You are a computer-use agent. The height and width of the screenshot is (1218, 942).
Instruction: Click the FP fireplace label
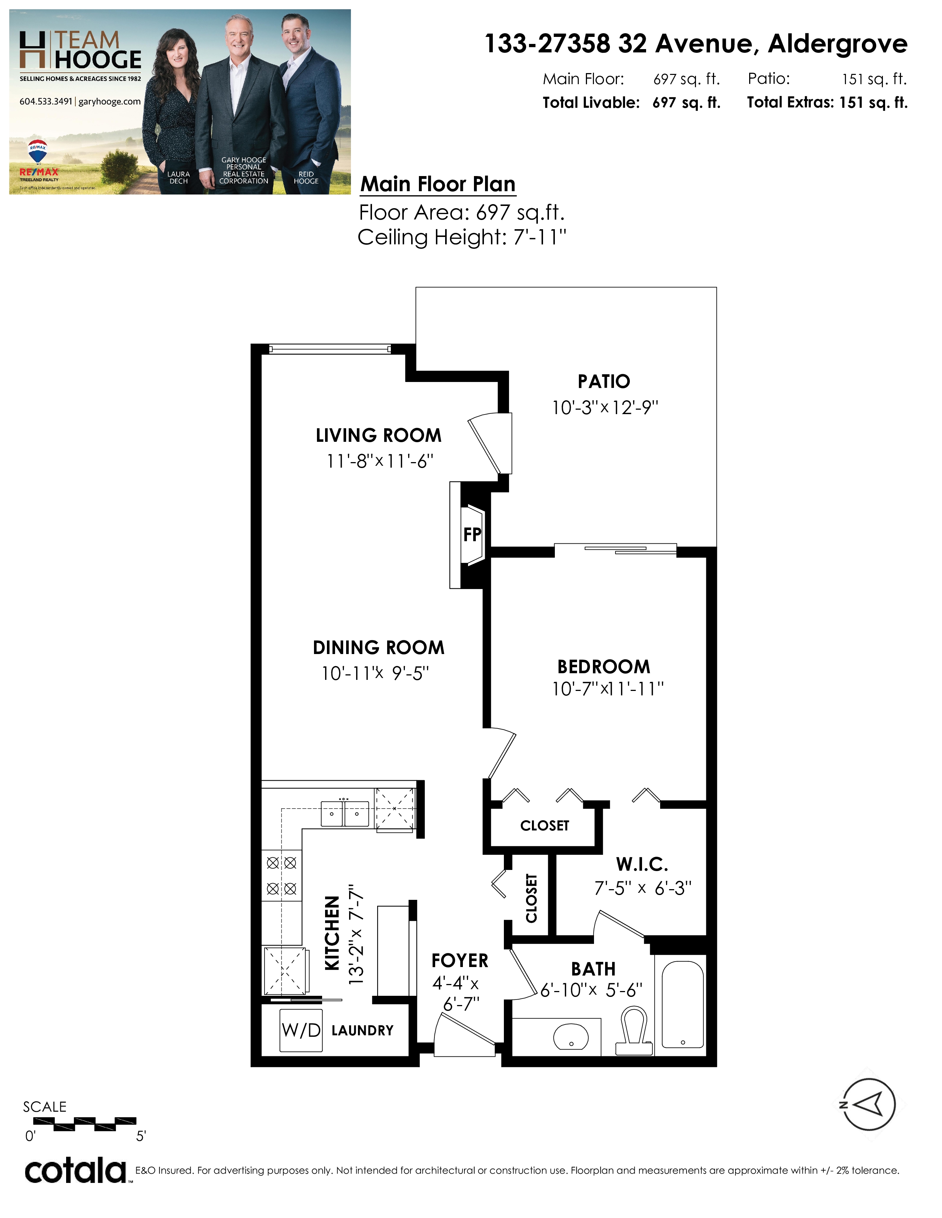tap(472, 535)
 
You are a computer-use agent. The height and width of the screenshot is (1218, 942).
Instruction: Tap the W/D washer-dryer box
tap(301, 1030)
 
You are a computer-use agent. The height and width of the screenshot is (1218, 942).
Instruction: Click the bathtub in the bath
tap(683, 1004)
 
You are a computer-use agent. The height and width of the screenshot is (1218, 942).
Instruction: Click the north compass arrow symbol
tap(868, 1105)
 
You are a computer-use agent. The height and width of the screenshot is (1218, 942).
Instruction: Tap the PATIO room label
tap(604, 382)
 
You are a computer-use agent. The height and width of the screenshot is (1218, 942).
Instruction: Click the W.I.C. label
tap(642, 864)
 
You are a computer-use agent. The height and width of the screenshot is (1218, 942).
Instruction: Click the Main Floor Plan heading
tap(438, 184)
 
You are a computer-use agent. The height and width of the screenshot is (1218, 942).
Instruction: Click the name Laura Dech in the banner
tap(178, 177)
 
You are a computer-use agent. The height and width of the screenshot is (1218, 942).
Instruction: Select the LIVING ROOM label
tap(378, 436)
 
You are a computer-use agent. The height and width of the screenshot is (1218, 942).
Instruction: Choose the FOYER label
tap(460, 960)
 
